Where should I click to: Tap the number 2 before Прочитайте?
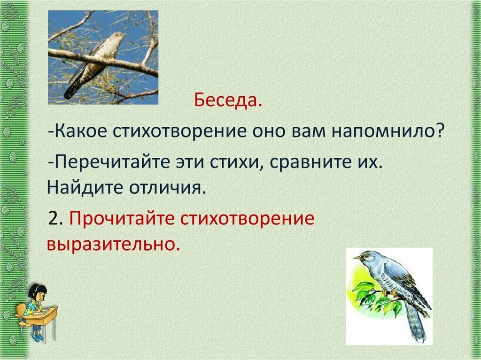55,219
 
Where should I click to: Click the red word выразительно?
113,245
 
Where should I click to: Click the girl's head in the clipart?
38,293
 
